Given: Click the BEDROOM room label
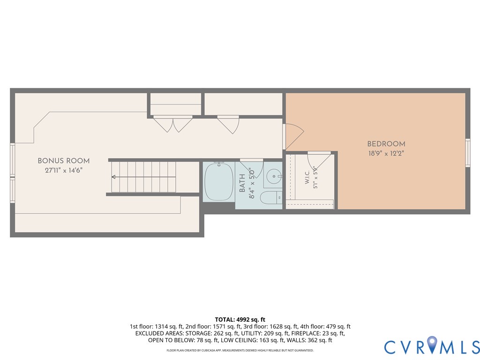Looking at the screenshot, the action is click(386, 144).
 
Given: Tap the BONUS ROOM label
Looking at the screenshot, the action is click(64, 161).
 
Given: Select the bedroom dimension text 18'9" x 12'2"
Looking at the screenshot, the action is click(386, 153).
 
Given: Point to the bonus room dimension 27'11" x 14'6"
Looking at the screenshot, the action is click(64, 170).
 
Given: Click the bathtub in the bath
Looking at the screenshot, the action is click(219, 182).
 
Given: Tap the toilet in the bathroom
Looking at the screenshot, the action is click(271, 197).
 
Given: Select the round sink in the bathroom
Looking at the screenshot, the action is click(273, 176).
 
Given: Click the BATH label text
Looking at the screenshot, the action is click(242, 183).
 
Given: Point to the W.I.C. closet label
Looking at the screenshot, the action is click(307, 177).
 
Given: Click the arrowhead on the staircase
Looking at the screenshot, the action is click(113, 177).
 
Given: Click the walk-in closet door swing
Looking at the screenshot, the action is click(319, 160).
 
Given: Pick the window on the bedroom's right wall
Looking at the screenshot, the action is click(468, 153).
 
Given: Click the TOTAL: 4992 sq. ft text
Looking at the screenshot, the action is click(240, 320).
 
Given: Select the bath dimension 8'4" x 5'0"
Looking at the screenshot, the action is click(252, 183).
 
